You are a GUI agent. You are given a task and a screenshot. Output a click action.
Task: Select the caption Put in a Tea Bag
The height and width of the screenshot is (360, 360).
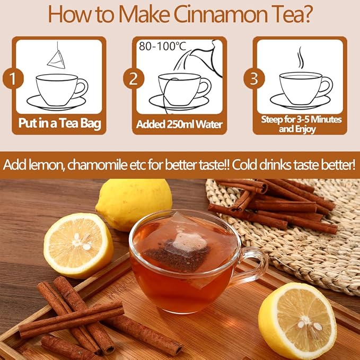click(59, 125)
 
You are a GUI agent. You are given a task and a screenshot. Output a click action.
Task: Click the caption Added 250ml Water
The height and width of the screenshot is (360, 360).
click(180, 125)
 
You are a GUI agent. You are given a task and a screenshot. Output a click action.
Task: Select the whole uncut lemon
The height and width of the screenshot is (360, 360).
click(134, 203)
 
